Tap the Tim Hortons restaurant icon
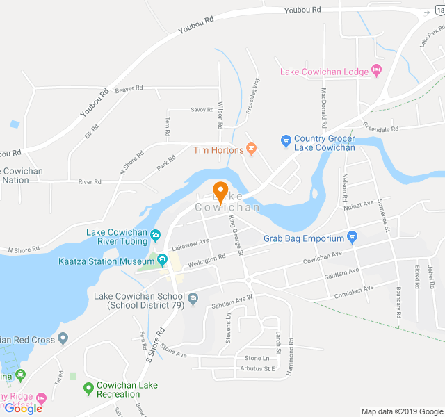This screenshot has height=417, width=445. pyautogui.click(x=252, y=149)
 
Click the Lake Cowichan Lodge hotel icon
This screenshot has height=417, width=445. pyautogui.click(x=377, y=71)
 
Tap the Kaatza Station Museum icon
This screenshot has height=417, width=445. pyautogui.click(x=162, y=261)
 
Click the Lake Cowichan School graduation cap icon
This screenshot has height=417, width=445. pyautogui.click(x=193, y=300)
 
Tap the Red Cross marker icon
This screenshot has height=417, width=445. pyautogui.click(x=63, y=339)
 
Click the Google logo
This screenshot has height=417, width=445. pyautogui.click(x=24, y=409)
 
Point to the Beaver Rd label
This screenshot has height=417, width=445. pyautogui.click(x=129, y=89)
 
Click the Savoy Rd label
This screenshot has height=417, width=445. pyautogui.click(x=202, y=110)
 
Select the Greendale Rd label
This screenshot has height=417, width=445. pyautogui.click(x=380, y=129)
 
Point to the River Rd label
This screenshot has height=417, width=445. pyautogui.click(x=90, y=182)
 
